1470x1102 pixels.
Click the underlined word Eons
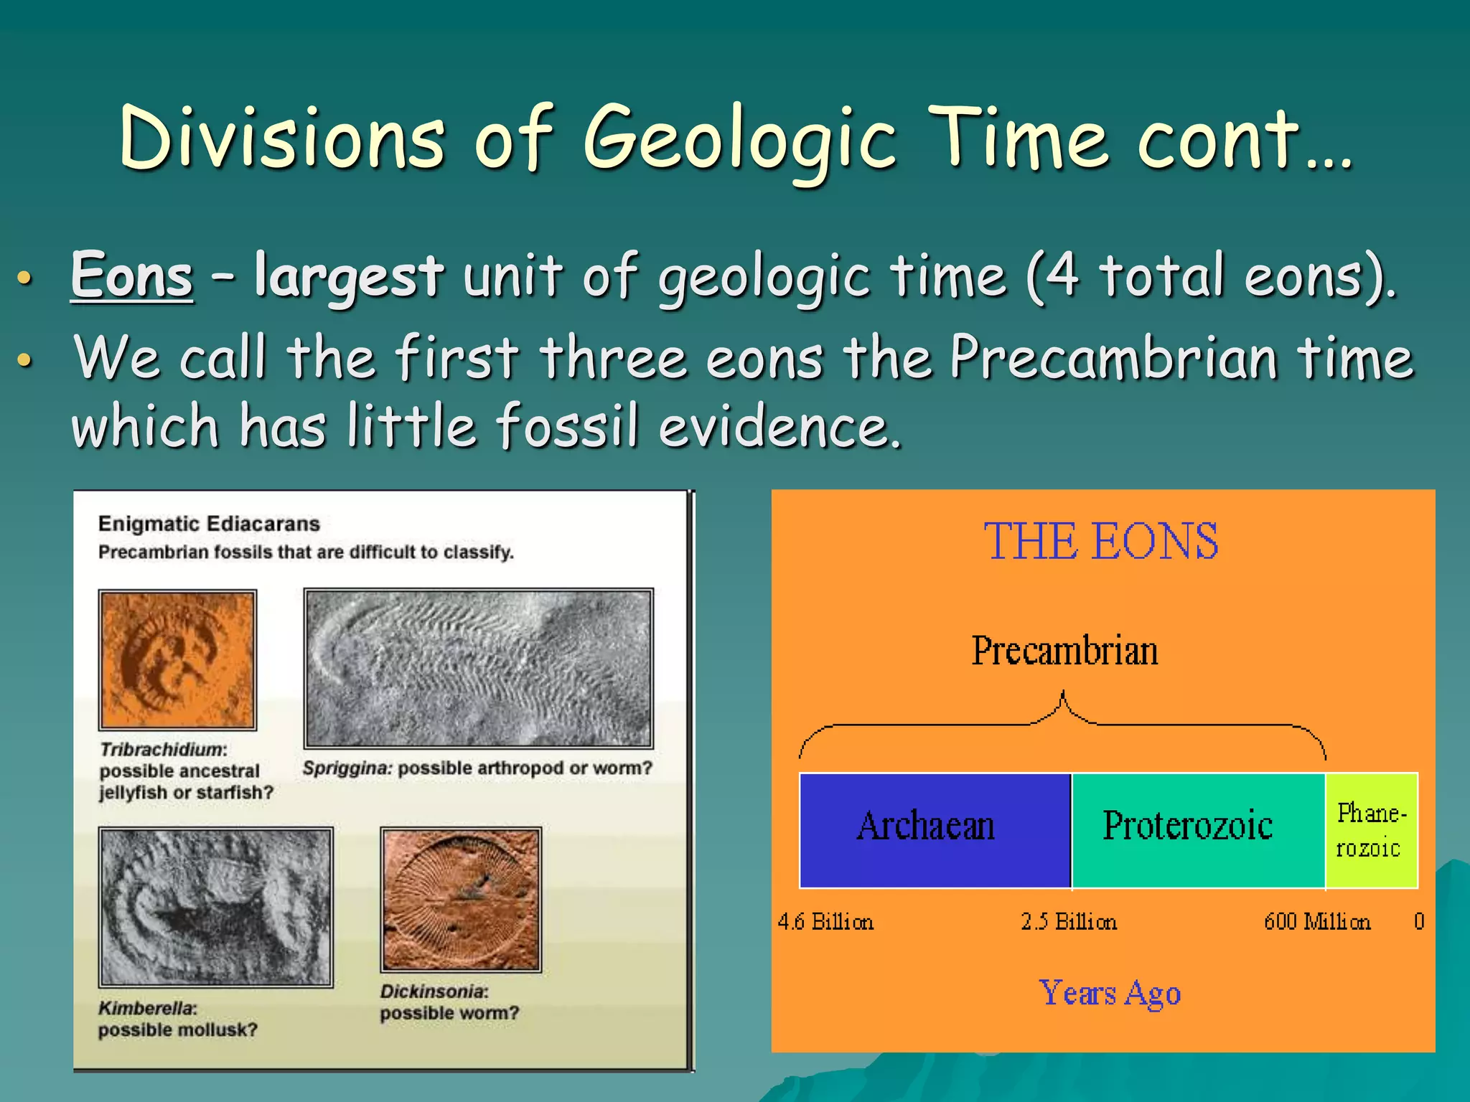[x=132, y=275]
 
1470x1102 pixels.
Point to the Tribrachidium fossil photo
[x=177, y=659]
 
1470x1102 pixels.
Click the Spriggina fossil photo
[x=478, y=668]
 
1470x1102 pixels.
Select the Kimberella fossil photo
[x=215, y=907]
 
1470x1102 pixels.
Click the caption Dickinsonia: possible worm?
[x=449, y=1002]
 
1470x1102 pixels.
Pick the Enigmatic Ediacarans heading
[x=209, y=524]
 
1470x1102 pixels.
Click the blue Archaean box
[x=934, y=830]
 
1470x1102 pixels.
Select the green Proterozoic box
[x=1197, y=830]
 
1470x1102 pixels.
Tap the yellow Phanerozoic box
[x=1371, y=830]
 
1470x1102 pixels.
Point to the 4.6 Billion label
[x=825, y=921]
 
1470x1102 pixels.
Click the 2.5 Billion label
[x=1069, y=921]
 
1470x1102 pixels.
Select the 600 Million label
[x=1317, y=921]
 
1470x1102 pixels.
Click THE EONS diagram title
[x=1101, y=541]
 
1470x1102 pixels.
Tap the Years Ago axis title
[x=1110, y=994]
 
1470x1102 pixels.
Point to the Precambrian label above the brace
[x=1064, y=651]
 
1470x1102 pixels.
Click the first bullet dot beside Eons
[x=24, y=278]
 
